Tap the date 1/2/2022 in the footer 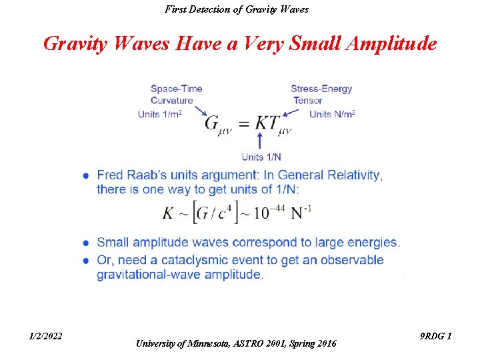click(46, 336)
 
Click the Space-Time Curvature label click(176, 95)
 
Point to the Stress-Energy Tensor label click(321, 95)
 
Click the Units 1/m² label click(160, 115)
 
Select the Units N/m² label click(332, 115)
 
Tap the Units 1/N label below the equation click(261, 157)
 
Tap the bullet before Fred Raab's click(87, 176)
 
